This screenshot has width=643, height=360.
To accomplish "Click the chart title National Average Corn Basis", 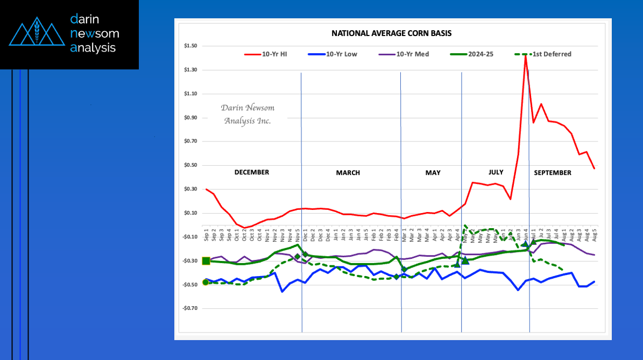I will pyautogui.click(x=391, y=33).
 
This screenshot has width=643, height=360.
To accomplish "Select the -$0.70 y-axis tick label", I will pyautogui.click(x=190, y=308).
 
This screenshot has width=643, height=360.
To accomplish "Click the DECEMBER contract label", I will pyautogui.click(x=251, y=172).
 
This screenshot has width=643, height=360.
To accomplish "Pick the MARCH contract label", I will pyautogui.click(x=348, y=173).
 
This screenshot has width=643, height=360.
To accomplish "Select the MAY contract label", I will pyautogui.click(x=433, y=173).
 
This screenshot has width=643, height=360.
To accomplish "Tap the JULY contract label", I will pyautogui.click(x=496, y=172).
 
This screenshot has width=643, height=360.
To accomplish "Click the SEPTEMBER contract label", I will pyautogui.click(x=553, y=173).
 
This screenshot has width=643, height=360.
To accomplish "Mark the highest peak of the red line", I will pyautogui.click(x=525, y=55).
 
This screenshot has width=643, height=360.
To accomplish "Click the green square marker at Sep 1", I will pyautogui.click(x=206, y=261).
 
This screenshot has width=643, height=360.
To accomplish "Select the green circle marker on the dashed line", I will pyautogui.click(x=206, y=282).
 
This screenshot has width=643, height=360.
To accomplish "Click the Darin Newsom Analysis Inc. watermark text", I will pyautogui.click(x=248, y=114).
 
